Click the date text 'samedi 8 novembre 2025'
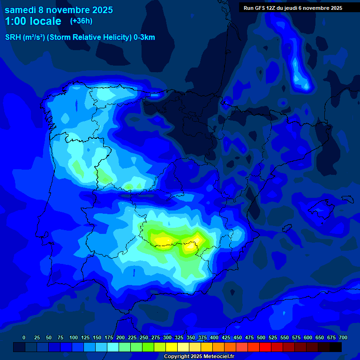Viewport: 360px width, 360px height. [59, 10]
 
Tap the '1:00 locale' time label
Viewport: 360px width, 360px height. [33, 21]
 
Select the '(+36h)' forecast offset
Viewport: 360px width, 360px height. [81, 21]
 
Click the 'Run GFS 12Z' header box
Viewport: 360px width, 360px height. [292, 8]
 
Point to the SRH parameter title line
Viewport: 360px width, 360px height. [80, 37]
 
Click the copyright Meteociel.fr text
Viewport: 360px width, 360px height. [199, 357]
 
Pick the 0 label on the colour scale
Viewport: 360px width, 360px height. [24, 338]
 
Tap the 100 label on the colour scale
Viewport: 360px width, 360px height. [74, 338]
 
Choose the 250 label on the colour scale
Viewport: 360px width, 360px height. [144, 338]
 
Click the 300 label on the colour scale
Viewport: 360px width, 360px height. [167, 338]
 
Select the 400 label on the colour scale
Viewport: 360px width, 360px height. [214, 338]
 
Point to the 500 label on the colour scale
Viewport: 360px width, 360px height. [261, 338]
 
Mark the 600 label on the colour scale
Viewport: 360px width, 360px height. [308, 338]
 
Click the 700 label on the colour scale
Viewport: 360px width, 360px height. [343, 338]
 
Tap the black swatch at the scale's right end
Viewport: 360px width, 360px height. [336, 347]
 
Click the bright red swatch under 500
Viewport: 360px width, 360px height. [265, 347]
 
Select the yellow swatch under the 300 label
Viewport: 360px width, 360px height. [172, 347]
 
